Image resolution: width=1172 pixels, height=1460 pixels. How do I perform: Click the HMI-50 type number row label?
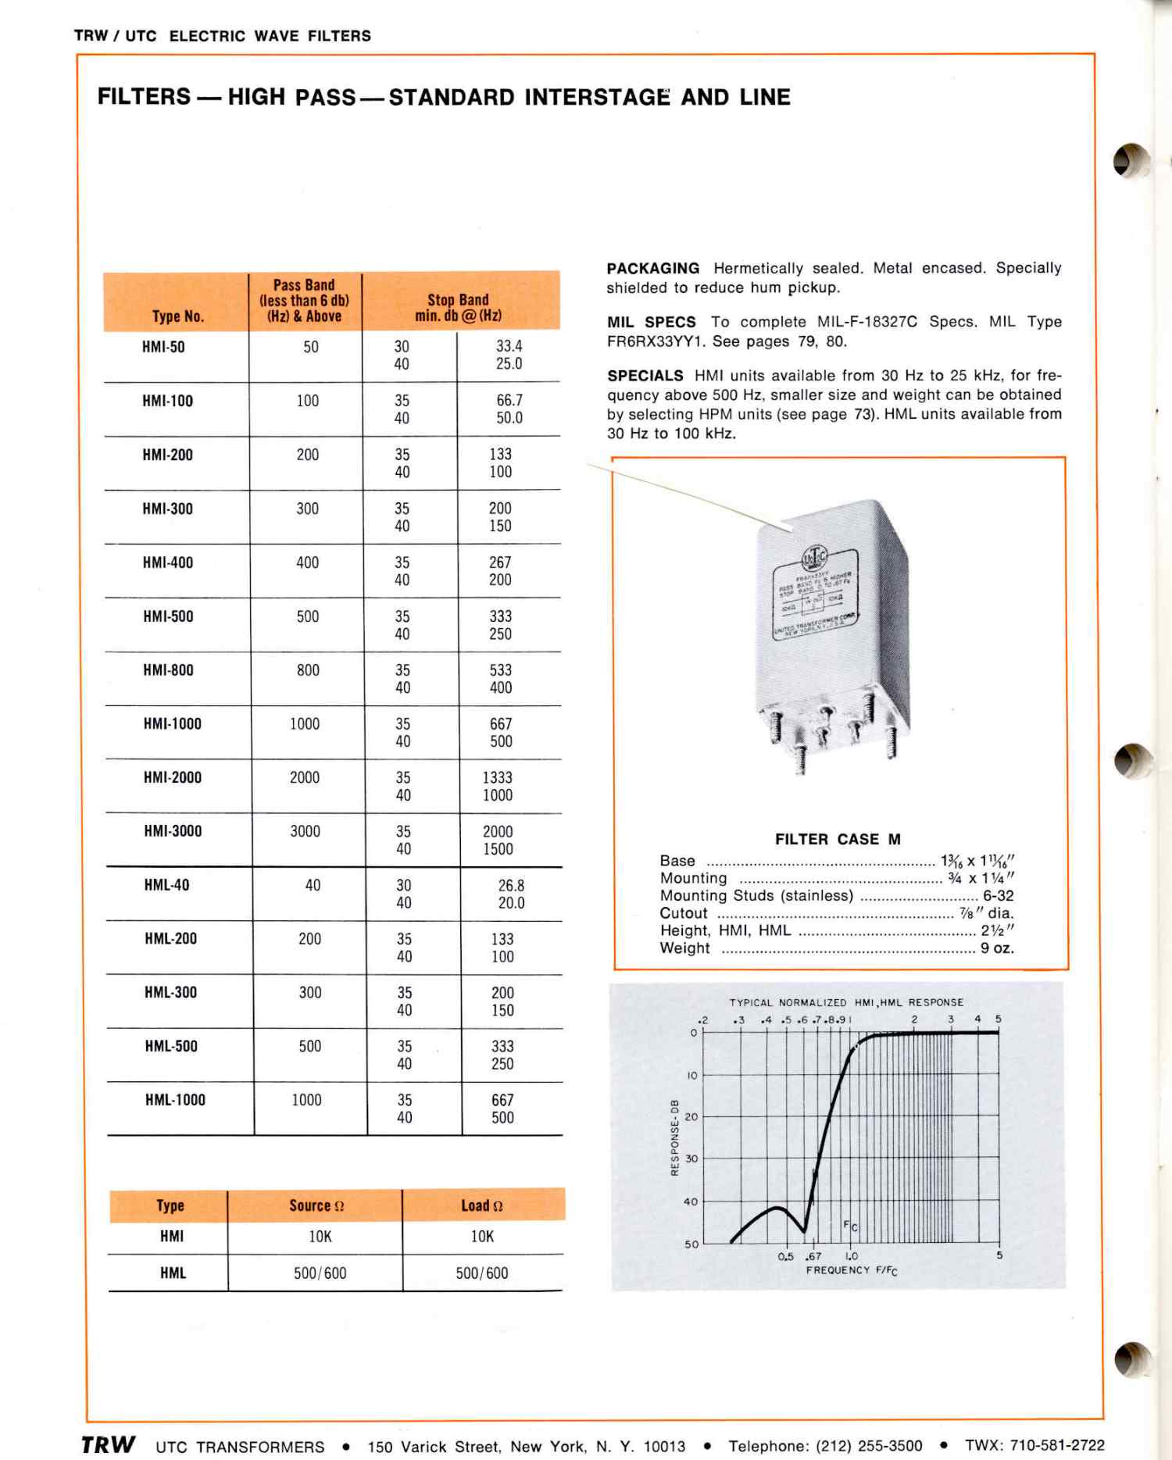pyautogui.click(x=163, y=347)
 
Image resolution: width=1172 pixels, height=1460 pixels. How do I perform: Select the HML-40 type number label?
pyautogui.click(x=166, y=885)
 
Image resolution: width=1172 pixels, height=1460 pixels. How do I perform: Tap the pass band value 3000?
pyautogui.click(x=305, y=831)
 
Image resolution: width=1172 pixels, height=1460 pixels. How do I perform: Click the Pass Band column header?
pyautogui.click(x=304, y=301)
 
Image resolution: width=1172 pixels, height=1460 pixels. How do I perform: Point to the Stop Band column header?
pyautogui.click(x=459, y=308)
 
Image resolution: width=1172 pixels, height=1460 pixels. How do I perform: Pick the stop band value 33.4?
pyautogui.click(x=509, y=346)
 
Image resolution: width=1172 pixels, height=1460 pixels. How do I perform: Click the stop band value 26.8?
pyautogui.click(x=511, y=885)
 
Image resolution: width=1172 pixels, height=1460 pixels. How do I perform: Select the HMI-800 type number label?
pyautogui.click(x=168, y=670)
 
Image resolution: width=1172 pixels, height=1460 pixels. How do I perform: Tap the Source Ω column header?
pyautogui.click(x=316, y=1206)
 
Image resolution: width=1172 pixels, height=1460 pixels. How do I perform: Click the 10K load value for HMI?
pyautogui.click(x=482, y=1237)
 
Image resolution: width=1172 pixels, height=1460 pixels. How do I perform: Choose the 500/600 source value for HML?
pyautogui.click(x=320, y=1273)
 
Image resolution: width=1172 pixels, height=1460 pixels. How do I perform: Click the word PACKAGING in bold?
pyautogui.click(x=652, y=269)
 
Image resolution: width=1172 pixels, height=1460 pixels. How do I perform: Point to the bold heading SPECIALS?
pyautogui.click(x=645, y=376)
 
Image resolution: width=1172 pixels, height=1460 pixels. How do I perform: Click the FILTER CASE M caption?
pyautogui.click(x=838, y=840)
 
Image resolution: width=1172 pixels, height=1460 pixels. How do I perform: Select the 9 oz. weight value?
pyautogui.click(x=997, y=948)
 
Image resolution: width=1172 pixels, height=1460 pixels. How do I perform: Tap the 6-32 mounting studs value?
pyautogui.click(x=998, y=896)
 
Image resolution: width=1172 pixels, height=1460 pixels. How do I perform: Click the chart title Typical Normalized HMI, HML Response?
pyautogui.click(x=846, y=1002)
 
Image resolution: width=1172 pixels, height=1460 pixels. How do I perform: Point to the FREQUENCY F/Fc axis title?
pyautogui.click(x=852, y=1271)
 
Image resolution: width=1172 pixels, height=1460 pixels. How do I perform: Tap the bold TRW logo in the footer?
pyautogui.click(x=109, y=1444)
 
